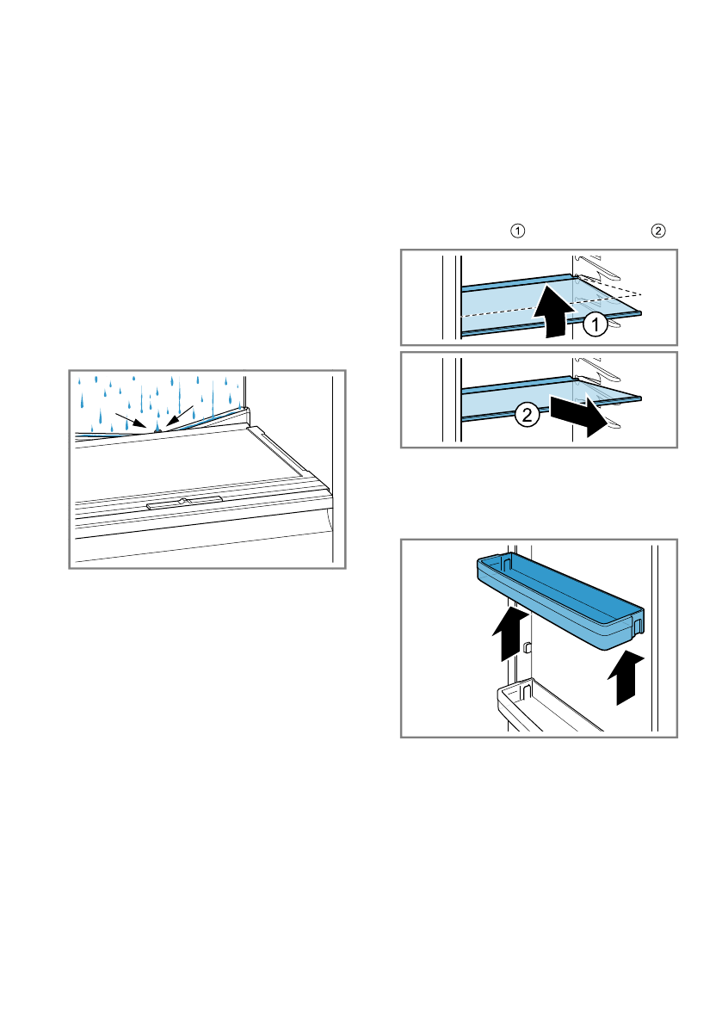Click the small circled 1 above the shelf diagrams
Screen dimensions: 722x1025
click(x=517, y=231)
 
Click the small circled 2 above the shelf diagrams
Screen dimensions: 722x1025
click(x=658, y=231)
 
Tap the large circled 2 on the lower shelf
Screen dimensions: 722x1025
click(x=528, y=416)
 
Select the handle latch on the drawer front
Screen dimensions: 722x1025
click(x=185, y=502)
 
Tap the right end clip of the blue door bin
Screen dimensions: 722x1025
click(x=639, y=621)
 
